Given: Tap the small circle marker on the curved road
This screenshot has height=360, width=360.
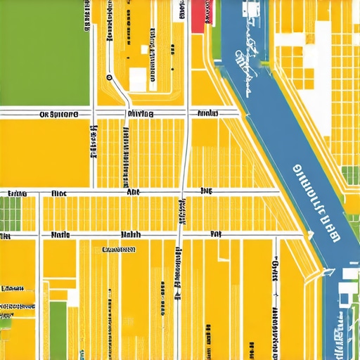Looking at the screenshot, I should point(109,77).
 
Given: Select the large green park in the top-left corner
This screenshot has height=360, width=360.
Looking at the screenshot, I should point(44,53).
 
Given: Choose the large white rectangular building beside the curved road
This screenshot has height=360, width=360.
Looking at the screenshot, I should point(138,79).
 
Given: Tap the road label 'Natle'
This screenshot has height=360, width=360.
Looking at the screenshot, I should point(62,234).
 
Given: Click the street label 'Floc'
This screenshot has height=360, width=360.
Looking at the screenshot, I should point(59,191).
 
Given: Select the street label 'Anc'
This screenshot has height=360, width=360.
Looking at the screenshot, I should point(133,191).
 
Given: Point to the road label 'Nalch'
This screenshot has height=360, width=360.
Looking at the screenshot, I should point(131,234).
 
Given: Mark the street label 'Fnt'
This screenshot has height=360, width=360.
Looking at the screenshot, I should point(216,234).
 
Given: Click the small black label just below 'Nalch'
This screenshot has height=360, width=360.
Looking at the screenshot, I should point(118,249).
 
